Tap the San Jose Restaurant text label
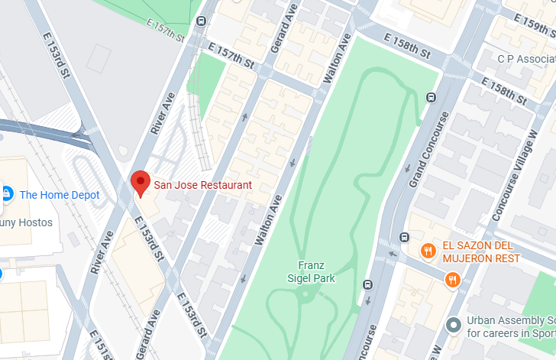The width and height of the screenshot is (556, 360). click(x=202, y=185)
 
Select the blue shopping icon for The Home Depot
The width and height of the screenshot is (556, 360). click(x=7, y=194)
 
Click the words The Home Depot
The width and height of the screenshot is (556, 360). click(x=60, y=195)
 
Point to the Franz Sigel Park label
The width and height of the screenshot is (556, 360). click(x=316, y=272)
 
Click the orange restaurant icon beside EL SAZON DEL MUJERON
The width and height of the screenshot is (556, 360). click(x=428, y=250)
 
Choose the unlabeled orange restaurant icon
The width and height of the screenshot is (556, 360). click(x=453, y=281)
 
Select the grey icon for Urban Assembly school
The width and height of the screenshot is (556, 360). click(x=454, y=326)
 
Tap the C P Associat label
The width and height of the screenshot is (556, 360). click(x=526, y=59)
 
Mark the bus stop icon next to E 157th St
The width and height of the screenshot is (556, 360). click(x=200, y=21)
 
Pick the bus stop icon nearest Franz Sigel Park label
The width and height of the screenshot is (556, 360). click(x=367, y=284)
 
